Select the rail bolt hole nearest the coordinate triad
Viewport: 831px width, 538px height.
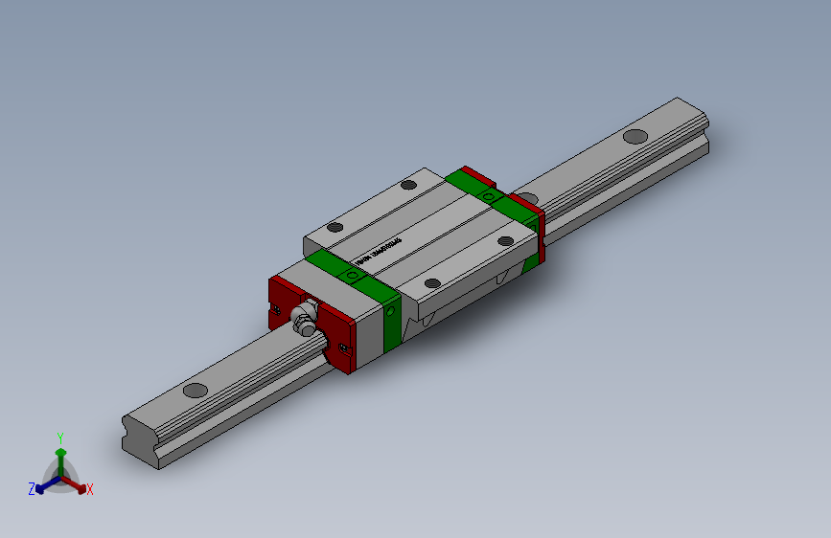(195, 390)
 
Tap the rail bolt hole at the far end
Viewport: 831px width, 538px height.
(635, 136)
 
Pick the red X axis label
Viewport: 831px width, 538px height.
(90, 489)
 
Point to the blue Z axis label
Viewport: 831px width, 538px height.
(32, 488)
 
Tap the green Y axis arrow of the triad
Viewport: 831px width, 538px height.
(60, 452)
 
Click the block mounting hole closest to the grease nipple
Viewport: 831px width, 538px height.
(432, 283)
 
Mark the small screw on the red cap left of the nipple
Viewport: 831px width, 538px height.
(277, 308)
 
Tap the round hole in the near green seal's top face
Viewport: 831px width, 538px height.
(353, 275)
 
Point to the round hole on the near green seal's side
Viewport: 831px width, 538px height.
(392, 310)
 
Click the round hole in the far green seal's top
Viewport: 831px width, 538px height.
(489, 195)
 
